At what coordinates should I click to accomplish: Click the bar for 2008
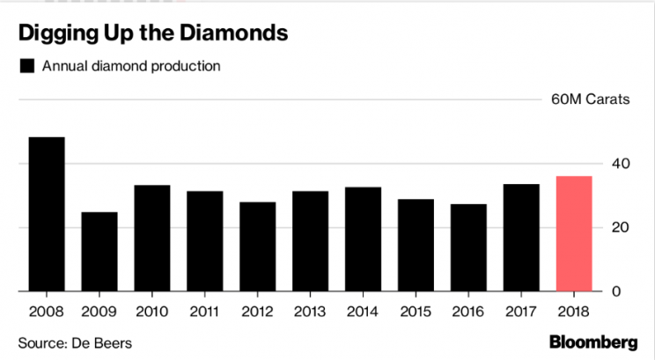tap(47, 214)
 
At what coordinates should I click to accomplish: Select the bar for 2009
tap(99, 252)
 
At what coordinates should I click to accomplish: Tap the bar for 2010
tap(152, 239)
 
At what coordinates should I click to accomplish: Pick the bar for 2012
tap(257, 246)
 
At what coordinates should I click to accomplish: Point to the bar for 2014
tap(363, 239)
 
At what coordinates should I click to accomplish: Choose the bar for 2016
tap(468, 247)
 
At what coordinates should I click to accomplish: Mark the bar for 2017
tap(521, 238)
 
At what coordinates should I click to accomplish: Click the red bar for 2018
tap(574, 234)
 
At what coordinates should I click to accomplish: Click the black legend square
tap(27, 66)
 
